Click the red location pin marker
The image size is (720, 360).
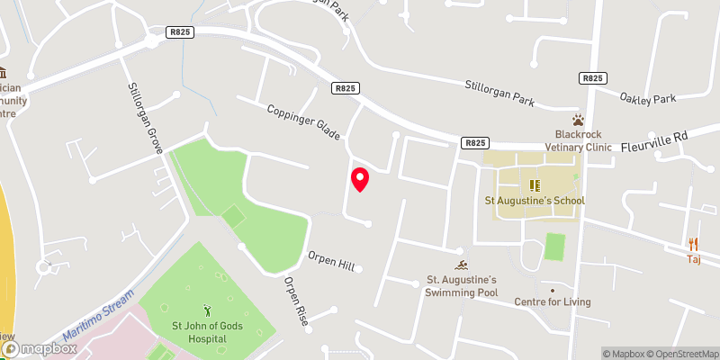[360, 179]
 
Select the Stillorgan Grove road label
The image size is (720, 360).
[144, 114]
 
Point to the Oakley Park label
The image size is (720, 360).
[647, 97]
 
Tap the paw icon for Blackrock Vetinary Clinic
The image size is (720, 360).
[578, 120]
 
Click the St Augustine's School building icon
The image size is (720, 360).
[534, 185]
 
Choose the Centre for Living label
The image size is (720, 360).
[552, 301]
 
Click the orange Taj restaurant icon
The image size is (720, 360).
[693, 243]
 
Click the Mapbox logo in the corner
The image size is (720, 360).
[38, 347]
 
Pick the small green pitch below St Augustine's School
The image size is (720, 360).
[554, 246]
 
